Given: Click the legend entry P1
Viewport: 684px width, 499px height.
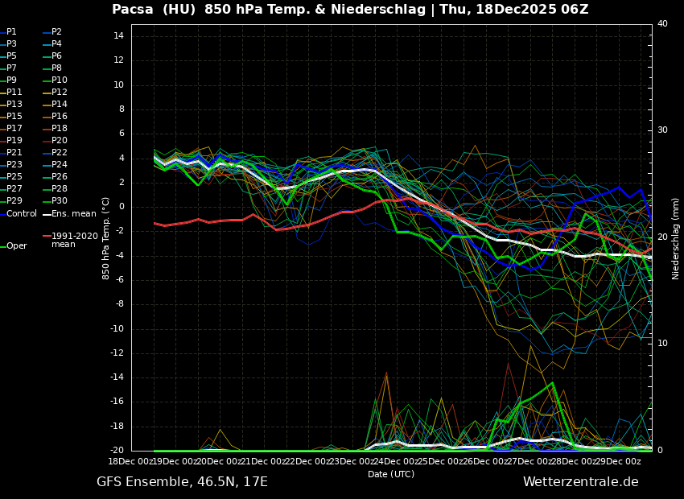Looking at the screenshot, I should [11, 32].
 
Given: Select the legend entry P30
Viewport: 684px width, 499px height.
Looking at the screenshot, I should [60, 201].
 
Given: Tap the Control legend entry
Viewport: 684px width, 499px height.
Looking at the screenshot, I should [22, 214].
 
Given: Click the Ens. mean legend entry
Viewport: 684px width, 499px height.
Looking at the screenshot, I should [73, 214].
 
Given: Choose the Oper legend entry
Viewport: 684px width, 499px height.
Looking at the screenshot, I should [16, 246].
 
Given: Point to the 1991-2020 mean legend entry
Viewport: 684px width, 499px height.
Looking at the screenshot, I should [74, 240].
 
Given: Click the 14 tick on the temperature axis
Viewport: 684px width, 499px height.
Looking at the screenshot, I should [117, 36].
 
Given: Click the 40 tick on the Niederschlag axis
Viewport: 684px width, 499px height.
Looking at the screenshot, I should [662, 24].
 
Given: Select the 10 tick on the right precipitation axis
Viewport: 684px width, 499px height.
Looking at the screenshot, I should [662, 344].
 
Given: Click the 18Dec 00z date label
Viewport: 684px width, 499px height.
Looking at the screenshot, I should [131, 461].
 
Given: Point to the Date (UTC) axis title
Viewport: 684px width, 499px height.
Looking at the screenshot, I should [391, 475].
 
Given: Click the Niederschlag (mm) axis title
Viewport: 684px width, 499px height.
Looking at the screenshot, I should [676, 238].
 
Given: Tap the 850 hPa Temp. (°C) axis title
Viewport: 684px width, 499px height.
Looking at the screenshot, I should [106, 238].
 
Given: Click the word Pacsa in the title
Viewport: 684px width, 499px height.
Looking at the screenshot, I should [132, 10].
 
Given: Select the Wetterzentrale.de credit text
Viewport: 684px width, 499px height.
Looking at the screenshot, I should [580, 482].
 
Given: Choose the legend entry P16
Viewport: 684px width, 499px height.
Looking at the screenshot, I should [60, 117].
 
